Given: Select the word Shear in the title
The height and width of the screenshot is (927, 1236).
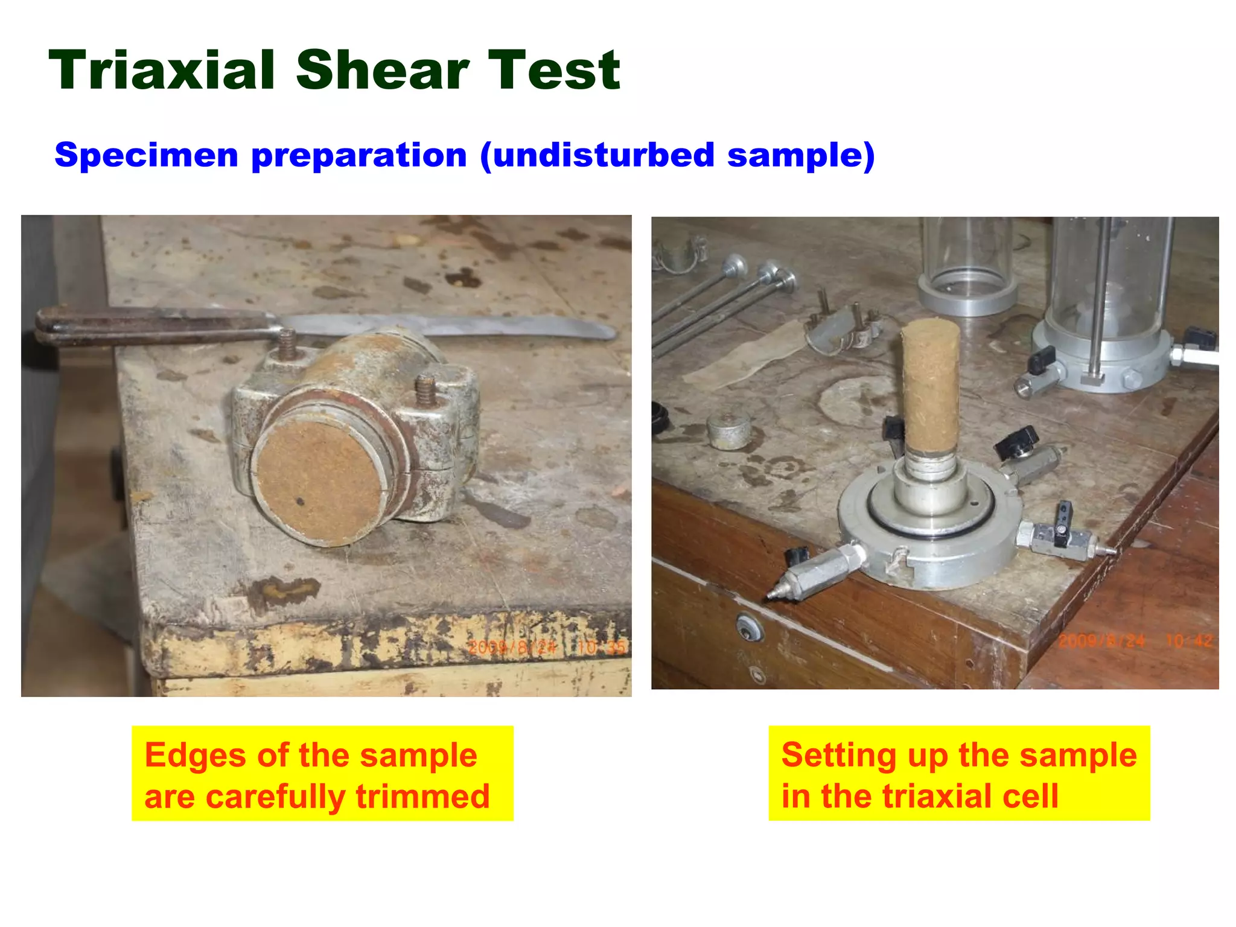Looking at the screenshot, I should coord(383,71).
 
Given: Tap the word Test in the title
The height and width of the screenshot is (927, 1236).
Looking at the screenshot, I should coord(553,71).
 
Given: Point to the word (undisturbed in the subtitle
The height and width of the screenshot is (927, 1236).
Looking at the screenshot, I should coord(597,155).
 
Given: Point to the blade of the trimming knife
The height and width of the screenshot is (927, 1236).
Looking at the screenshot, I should coord(459,326).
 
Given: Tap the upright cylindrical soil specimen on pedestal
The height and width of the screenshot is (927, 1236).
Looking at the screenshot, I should coord(930,386).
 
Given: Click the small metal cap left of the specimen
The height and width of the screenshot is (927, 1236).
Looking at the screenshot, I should coord(728,430).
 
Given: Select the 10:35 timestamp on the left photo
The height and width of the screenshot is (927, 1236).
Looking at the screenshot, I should coord(601,648).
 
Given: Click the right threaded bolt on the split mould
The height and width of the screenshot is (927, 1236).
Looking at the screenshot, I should coord(425,389).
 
